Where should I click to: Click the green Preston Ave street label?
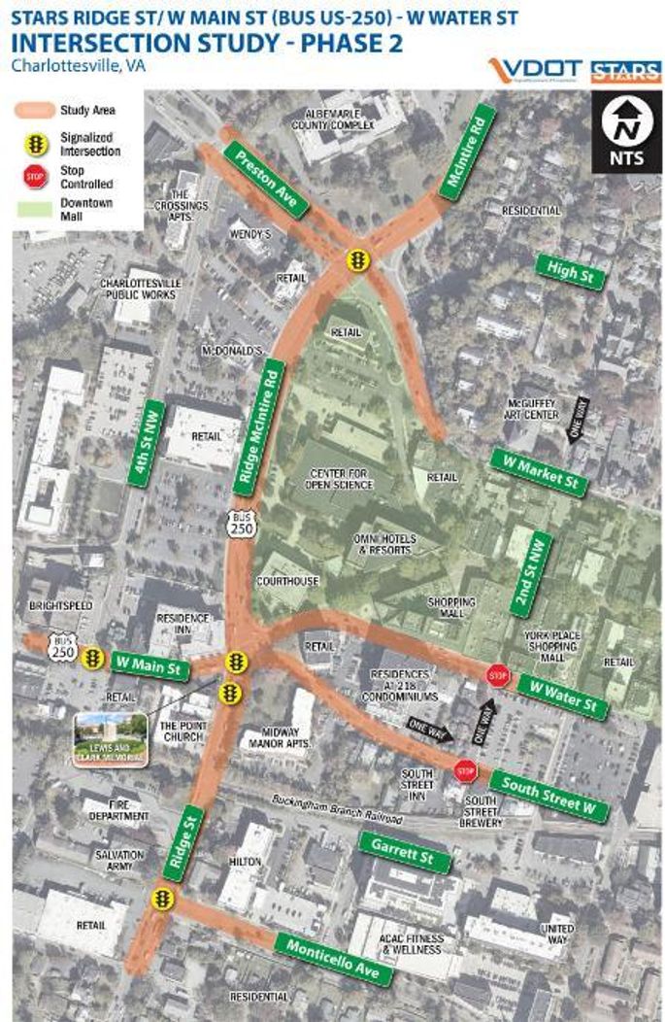tap(266, 181)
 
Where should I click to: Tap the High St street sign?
tap(570, 272)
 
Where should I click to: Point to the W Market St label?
tap(538, 472)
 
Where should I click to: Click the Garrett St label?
tap(404, 852)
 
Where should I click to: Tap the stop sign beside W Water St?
tap(498, 675)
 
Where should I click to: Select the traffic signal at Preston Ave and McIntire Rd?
tap(358, 261)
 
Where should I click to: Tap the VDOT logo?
tap(534, 71)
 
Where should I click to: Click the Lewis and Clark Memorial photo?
tap(110, 739)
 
